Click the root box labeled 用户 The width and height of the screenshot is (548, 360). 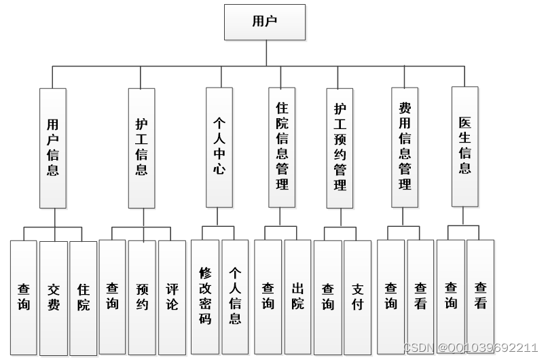(264, 22)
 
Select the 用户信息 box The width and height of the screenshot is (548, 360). (53, 147)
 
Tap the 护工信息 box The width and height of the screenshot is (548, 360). (141, 147)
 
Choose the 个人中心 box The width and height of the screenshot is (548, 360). (219, 147)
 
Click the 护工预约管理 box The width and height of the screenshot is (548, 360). (340, 147)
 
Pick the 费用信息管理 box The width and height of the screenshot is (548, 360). (405, 147)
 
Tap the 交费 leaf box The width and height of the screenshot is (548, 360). (53, 298)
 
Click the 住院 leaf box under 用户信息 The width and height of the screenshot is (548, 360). (83, 298)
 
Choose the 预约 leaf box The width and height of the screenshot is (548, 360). (141, 298)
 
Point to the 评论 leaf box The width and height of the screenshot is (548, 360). (172, 298)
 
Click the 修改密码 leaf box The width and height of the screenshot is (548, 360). (205, 296)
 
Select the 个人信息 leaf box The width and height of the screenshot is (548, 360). (235, 296)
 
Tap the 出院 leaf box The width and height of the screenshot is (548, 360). (297, 296)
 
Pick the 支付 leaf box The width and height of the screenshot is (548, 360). (357, 296)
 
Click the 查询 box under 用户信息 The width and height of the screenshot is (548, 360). (24, 298)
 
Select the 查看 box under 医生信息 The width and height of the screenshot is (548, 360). (481, 296)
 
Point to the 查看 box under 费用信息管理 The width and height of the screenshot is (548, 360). (420, 296)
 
